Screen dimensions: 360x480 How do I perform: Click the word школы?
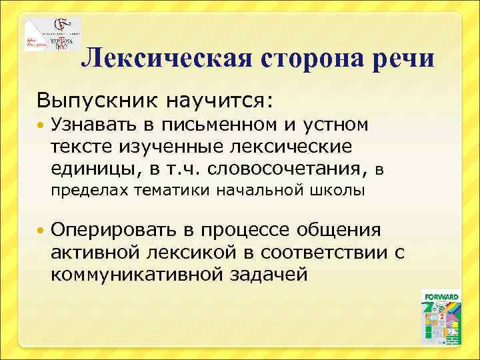[x=337, y=191]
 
